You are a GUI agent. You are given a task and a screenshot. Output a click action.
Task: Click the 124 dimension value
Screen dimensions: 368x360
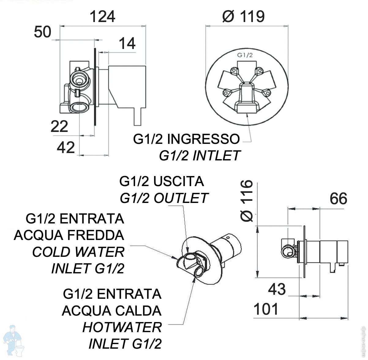(103, 17)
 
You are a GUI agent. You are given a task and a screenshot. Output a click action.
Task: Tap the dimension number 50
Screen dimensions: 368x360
(43, 32)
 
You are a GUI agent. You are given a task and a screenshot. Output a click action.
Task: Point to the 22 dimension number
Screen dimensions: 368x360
(59, 126)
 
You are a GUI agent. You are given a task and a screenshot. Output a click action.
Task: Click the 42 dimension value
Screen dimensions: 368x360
(66, 147)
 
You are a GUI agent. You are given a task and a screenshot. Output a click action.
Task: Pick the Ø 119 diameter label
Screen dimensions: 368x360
(243, 17)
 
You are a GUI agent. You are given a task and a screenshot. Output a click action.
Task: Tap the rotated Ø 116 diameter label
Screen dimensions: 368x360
(246, 201)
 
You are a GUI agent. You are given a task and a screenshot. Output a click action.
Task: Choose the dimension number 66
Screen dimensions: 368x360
(339, 199)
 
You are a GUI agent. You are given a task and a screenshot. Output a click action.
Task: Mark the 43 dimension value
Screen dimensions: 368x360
(277, 289)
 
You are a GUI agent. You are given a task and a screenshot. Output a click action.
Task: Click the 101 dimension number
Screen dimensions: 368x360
(266, 309)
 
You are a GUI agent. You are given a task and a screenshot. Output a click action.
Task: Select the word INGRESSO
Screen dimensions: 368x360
(204, 139)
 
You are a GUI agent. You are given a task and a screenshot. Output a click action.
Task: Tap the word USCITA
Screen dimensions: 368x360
(178, 182)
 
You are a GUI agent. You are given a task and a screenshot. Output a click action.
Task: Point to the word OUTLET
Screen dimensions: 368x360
(181, 198)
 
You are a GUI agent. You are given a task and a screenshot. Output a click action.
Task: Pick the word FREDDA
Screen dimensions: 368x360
(96, 235)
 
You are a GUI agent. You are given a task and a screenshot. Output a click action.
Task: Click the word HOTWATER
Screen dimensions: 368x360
(122, 327)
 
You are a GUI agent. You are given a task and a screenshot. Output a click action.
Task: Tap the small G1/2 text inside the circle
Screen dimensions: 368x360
(245, 55)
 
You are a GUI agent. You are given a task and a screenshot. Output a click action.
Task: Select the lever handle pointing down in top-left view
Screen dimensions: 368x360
(137, 116)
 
